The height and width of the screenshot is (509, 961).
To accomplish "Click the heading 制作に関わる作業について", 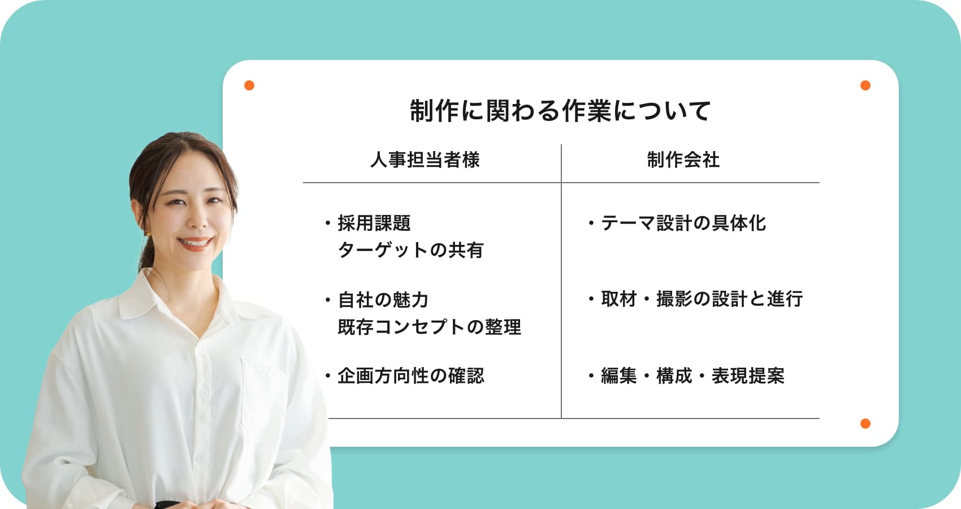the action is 561,111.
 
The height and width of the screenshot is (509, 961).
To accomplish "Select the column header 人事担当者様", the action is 425,159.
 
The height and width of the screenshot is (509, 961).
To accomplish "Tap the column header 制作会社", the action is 683,159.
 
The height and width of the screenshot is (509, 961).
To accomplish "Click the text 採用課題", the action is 374,223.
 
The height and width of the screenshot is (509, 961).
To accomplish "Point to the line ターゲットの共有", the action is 411,250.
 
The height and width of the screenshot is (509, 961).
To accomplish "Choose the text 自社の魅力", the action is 383,300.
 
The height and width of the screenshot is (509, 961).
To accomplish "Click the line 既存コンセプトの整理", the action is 430,326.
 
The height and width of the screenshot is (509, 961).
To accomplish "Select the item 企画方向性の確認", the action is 411,376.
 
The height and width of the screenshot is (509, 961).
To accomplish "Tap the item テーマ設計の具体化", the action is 683,223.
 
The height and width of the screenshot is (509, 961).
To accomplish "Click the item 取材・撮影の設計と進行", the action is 702,299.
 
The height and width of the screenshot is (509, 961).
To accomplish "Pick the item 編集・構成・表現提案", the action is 692,376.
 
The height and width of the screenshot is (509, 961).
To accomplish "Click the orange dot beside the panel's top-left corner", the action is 249,85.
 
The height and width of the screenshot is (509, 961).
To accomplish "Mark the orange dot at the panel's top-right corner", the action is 865,85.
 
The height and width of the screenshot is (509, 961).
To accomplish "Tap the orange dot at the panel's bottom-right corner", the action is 865,424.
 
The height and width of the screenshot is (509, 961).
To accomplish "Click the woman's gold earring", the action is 147,234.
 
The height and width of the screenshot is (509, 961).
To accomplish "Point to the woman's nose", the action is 198,219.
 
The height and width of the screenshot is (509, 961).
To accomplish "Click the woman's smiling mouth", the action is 195,243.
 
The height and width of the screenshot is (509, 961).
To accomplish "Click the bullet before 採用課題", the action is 328,223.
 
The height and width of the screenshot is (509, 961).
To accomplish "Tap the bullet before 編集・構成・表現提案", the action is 591,376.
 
